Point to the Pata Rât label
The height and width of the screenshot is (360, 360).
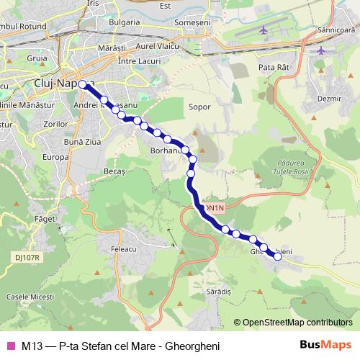272,67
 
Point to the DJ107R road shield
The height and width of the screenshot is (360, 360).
27,256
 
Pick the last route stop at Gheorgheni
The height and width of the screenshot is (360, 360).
279,256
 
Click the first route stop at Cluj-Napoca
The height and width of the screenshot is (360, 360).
83,84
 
